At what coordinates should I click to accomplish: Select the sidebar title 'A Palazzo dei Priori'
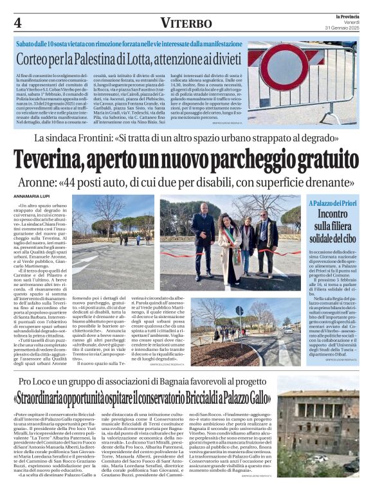pyautogui.click(x=332, y=204)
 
